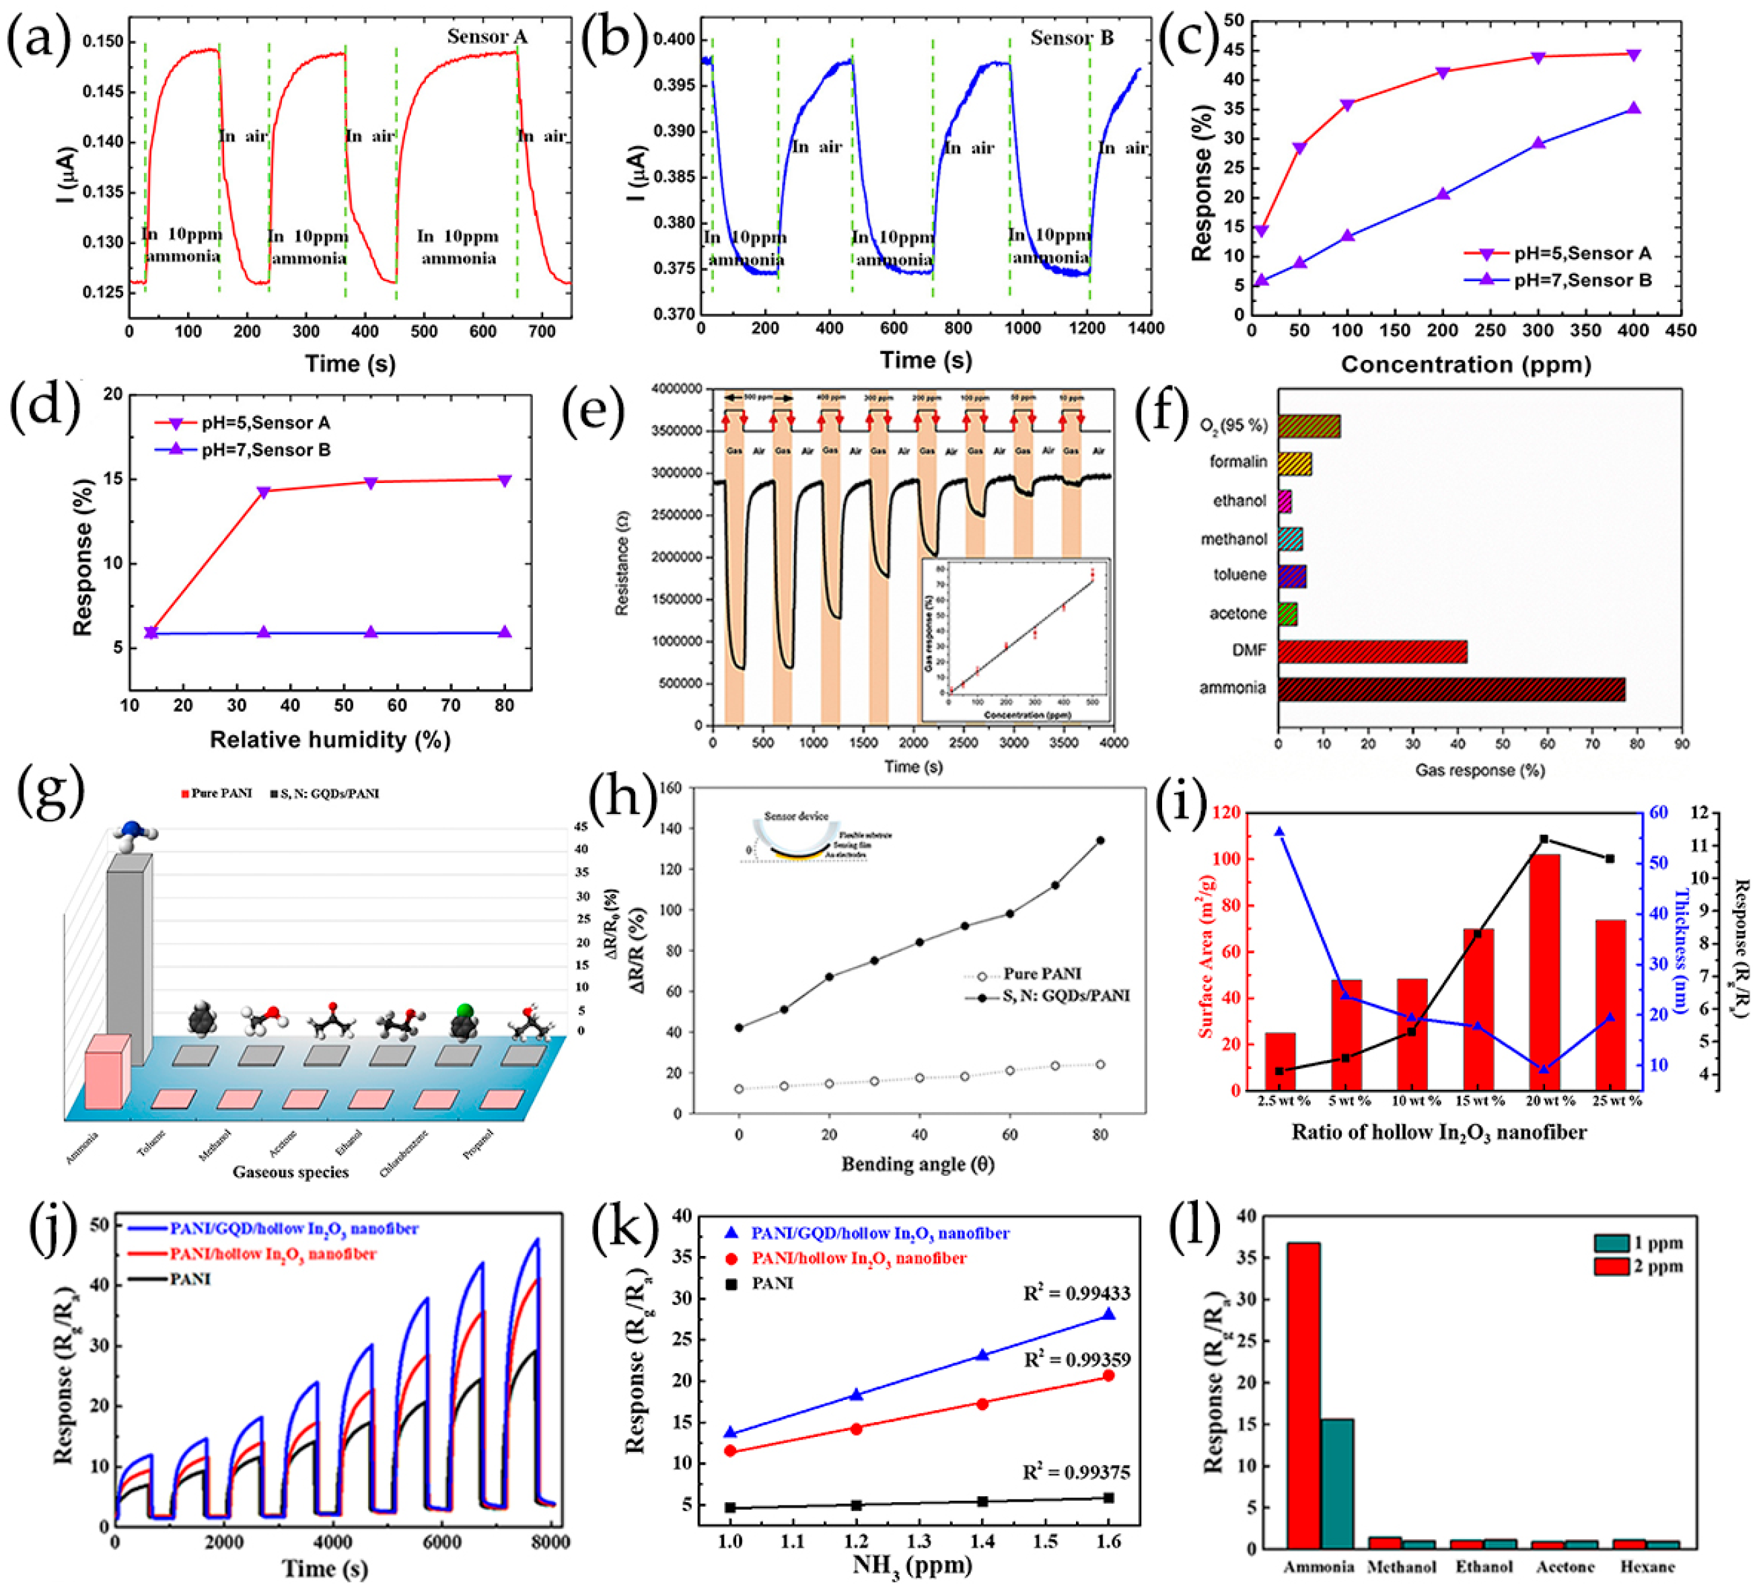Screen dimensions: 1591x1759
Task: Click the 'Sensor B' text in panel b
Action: click(1071, 38)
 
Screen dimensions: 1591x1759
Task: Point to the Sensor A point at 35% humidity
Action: click(264, 492)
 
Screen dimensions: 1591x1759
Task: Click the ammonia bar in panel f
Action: click(1450, 688)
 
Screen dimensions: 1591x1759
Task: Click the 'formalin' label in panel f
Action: click(1237, 461)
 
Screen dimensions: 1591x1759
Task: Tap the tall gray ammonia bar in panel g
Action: click(129, 955)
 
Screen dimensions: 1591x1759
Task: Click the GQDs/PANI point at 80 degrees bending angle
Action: click(1100, 841)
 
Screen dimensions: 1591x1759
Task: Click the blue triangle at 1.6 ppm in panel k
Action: click(1109, 1315)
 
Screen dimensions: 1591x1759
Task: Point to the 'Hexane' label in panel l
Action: click(1647, 1567)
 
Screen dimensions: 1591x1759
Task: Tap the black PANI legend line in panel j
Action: click(147, 1279)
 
